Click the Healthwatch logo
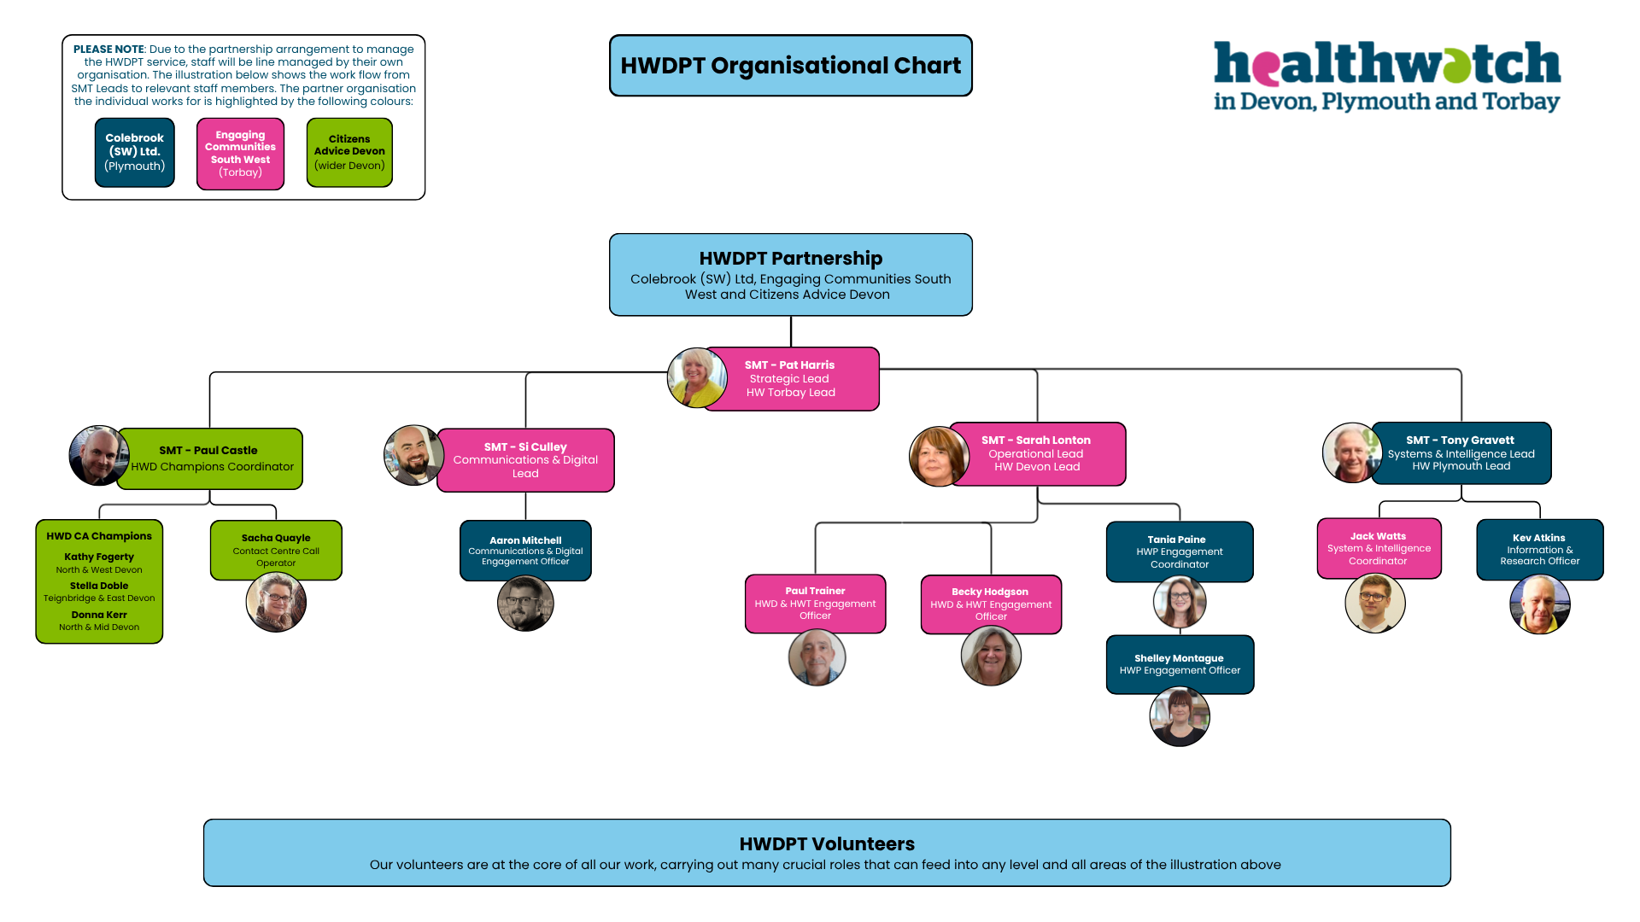[x=1386, y=77]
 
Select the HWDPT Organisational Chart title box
[x=790, y=66]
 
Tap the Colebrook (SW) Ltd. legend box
[x=135, y=152]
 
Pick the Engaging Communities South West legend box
[x=240, y=154]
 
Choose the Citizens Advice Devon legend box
[x=349, y=152]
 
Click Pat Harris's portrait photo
[x=696, y=377]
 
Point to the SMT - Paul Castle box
[x=211, y=458]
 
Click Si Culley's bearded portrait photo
[x=413, y=455]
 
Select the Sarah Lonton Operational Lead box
[x=1037, y=453]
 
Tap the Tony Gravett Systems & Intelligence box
[x=1461, y=453]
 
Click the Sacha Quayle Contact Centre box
[x=276, y=550]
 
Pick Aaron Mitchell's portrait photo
[x=525, y=604]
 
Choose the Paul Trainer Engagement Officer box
[x=815, y=603]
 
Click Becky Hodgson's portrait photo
[x=991, y=656]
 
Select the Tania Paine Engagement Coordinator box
[x=1179, y=551]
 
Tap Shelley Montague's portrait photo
[x=1180, y=717]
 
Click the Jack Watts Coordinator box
[x=1379, y=548]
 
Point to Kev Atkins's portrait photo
[x=1539, y=604]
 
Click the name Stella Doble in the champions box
[x=99, y=586]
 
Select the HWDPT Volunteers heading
[x=827, y=843]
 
